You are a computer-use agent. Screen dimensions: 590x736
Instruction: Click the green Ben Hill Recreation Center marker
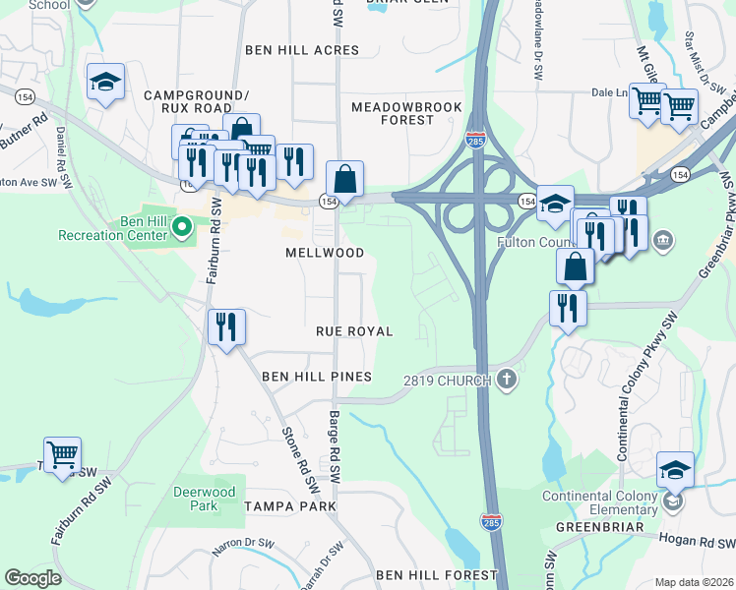(181, 228)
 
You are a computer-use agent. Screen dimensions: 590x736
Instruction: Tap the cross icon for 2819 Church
(506, 380)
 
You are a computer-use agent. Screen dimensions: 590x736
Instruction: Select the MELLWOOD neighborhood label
(325, 253)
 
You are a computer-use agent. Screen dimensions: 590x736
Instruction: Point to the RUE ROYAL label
(354, 331)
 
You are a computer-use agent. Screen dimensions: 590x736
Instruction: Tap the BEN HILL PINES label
(317, 377)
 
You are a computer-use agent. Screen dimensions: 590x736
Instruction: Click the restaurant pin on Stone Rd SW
(227, 325)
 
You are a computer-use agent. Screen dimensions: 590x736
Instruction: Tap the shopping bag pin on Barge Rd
(344, 179)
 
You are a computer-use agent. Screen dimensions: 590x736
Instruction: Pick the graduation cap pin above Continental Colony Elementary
(675, 469)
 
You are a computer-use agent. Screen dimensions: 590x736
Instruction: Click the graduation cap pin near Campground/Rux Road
(105, 82)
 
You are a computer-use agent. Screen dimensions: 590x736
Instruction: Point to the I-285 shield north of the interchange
(475, 139)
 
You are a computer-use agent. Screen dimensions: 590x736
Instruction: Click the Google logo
(32, 577)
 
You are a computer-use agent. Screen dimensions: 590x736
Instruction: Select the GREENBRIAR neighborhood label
(598, 527)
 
